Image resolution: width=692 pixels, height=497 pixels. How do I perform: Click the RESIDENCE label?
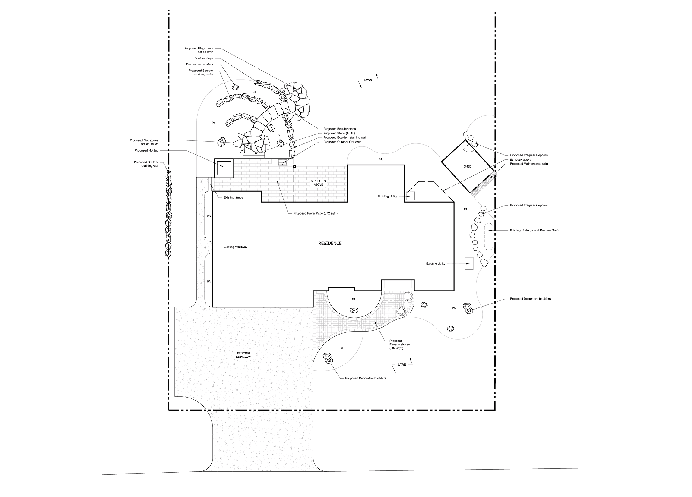(x=330, y=243)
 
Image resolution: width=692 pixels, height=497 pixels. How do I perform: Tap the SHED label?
(x=468, y=166)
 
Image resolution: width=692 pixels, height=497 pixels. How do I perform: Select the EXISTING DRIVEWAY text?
(x=243, y=355)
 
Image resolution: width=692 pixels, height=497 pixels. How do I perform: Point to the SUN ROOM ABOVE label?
(x=318, y=183)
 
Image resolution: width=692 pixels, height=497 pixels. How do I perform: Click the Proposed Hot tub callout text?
(x=147, y=151)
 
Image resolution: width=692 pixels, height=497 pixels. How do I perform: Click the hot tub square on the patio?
(x=224, y=168)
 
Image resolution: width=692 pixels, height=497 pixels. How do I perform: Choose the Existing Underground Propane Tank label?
(x=534, y=231)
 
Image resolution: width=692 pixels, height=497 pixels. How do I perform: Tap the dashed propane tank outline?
(x=488, y=237)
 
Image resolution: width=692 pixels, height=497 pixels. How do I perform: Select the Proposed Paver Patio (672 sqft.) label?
(x=315, y=213)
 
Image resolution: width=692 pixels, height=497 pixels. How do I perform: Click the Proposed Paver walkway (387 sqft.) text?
(x=399, y=344)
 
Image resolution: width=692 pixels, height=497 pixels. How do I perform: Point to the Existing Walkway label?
(x=235, y=247)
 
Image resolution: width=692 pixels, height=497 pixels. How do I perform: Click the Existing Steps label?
(x=233, y=198)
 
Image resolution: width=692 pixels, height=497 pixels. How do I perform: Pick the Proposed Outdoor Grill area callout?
(x=342, y=142)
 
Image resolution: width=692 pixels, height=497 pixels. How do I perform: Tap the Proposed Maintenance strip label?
(x=529, y=164)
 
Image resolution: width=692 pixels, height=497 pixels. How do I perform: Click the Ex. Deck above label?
(x=521, y=159)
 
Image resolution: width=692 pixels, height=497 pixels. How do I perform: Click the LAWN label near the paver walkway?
(x=402, y=365)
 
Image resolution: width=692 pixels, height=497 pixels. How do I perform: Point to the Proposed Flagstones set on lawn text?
(x=198, y=50)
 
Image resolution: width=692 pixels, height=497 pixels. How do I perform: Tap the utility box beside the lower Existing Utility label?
(x=469, y=263)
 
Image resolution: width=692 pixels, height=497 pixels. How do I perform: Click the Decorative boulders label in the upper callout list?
(x=199, y=64)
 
